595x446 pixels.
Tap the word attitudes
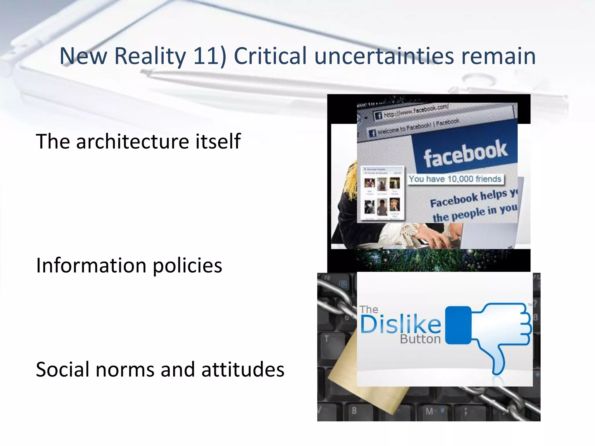point(243,370)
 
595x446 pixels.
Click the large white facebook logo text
point(465,153)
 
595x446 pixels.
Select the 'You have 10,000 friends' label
point(455,179)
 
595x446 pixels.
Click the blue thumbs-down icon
point(491,334)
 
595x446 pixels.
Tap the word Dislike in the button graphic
point(401,325)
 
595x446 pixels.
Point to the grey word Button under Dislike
point(420,339)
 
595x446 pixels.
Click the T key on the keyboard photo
point(327,339)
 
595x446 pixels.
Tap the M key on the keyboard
point(429,411)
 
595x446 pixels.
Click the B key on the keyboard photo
point(354,411)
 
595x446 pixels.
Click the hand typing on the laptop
point(436,237)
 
